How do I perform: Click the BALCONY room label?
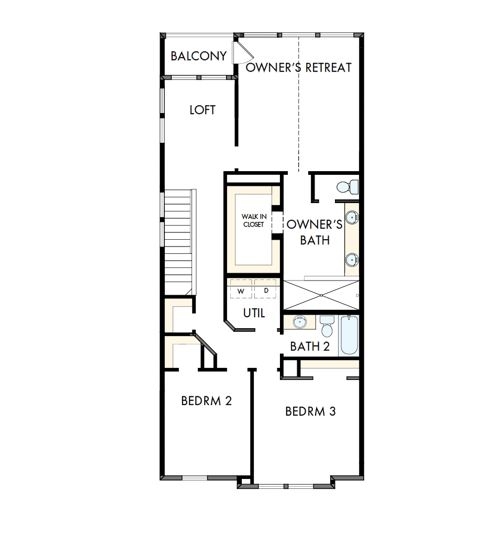tap(198, 56)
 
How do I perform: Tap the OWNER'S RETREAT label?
tap(298, 68)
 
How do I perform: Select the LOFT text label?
tap(203, 110)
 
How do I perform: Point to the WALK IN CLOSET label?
tap(253, 220)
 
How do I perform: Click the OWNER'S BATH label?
tap(314, 232)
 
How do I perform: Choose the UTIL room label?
tap(254, 313)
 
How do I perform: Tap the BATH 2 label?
tap(310, 346)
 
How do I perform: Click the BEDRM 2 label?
tap(206, 401)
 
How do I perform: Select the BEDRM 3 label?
tap(310, 411)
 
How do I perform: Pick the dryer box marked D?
tap(266, 290)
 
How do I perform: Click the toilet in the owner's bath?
tap(347, 186)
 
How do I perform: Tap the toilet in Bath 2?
tap(327, 326)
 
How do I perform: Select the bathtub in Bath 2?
tap(349, 335)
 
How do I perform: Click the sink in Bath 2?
tap(300, 322)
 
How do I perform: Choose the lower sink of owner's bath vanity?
tap(352, 258)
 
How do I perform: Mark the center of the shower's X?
tap(320, 296)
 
